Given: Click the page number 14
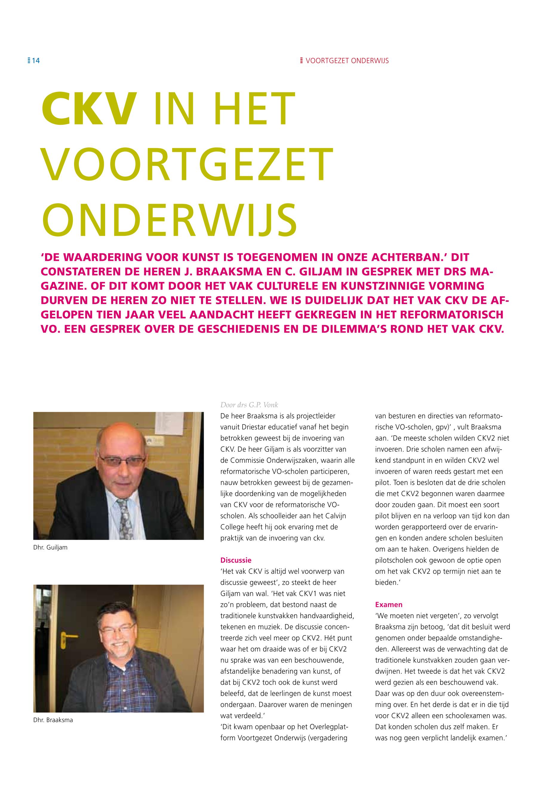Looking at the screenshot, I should tap(36, 61).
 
